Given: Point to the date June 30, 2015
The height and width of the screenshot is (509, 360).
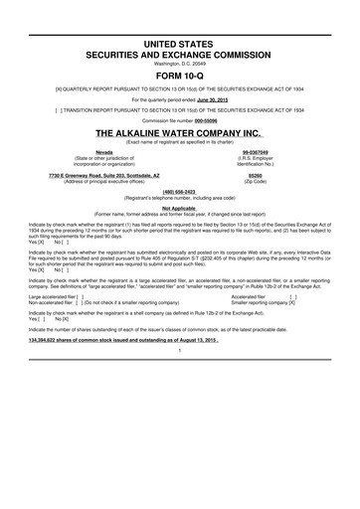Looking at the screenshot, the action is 219,86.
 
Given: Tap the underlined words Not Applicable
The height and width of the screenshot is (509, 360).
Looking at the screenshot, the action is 180,209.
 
